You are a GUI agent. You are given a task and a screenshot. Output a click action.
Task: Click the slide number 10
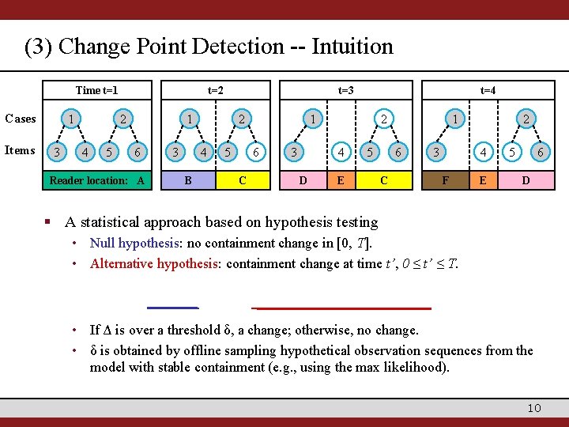point(534,407)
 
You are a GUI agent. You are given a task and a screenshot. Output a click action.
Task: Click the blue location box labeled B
point(187,180)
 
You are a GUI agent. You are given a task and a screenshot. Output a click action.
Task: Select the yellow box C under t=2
point(242,180)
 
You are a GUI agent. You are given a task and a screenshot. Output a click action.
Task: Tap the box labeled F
point(446,180)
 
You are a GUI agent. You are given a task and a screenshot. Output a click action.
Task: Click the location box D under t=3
point(303,180)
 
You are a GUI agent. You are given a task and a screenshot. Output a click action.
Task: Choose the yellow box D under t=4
point(526,180)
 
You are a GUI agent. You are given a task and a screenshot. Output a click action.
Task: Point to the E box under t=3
point(341,180)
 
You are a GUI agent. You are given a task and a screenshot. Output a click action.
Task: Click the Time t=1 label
point(102,90)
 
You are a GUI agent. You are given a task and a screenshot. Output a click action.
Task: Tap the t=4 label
point(488,90)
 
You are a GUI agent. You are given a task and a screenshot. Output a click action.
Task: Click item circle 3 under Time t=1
point(55,151)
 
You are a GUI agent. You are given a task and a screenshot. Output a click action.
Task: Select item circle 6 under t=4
point(540,151)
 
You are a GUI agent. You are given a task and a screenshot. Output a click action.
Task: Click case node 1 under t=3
point(314,119)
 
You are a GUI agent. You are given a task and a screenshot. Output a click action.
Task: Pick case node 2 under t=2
point(241,119)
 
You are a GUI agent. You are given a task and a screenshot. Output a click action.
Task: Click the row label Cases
point(21,119)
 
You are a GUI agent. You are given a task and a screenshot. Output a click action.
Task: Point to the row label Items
point(20,150)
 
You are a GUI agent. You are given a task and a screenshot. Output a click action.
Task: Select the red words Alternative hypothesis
point(155,264)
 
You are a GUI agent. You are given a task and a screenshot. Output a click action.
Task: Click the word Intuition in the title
point(352,47)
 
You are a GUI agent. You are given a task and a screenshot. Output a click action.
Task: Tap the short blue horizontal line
point(172,307)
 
